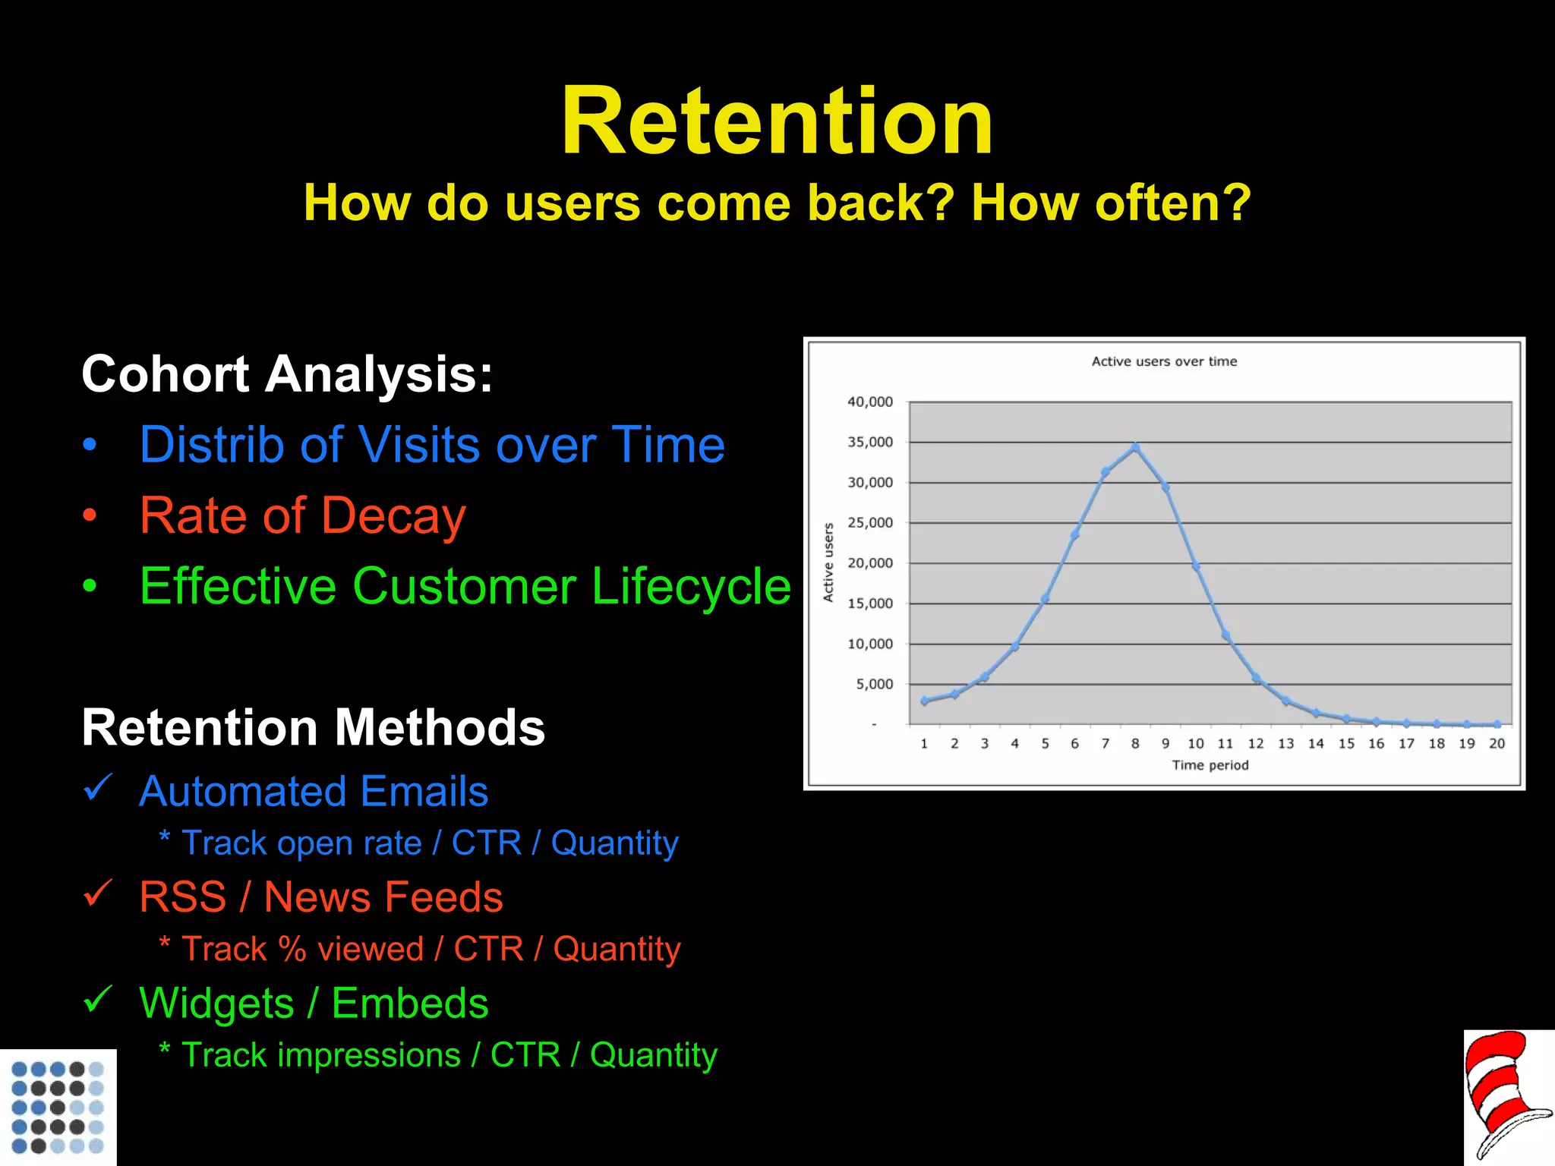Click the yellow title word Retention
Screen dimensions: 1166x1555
point(777,121)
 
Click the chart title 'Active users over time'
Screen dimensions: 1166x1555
point(1164,361)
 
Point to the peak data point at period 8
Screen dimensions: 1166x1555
point(1135,448)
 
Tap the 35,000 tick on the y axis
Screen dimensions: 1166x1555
point(870,442)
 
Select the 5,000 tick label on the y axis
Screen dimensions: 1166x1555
point(874,684)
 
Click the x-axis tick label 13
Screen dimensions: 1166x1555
point(1285,744)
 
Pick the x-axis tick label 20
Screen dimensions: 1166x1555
point(1497,744)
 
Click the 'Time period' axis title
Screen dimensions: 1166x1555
point(1210,765)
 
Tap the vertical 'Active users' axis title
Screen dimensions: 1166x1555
point(828,562)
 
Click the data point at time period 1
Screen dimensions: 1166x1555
point(924,701)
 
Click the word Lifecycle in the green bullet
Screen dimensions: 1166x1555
point(691,587)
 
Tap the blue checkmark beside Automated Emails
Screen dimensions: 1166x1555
point(98,788)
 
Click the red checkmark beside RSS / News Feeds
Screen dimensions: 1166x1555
point(98,893)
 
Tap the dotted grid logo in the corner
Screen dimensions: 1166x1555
point(58,1107)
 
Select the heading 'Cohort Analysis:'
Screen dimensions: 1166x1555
point(287,374)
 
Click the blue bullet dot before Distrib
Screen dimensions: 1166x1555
point(90,446)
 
